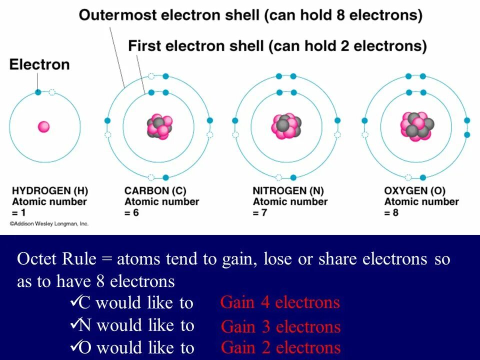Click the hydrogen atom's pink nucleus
[44, 127]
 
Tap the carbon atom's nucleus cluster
[159, 127]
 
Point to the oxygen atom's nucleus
[416, 126]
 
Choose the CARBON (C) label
[155, 191]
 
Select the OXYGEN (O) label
[414, 191]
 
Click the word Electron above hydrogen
[39, 64]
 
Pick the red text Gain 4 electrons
[280, 302]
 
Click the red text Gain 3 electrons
[280, 327]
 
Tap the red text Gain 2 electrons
[280, 347]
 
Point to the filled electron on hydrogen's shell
[38, 92]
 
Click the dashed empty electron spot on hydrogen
[52, 92]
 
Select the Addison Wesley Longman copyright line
[49, 224]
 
